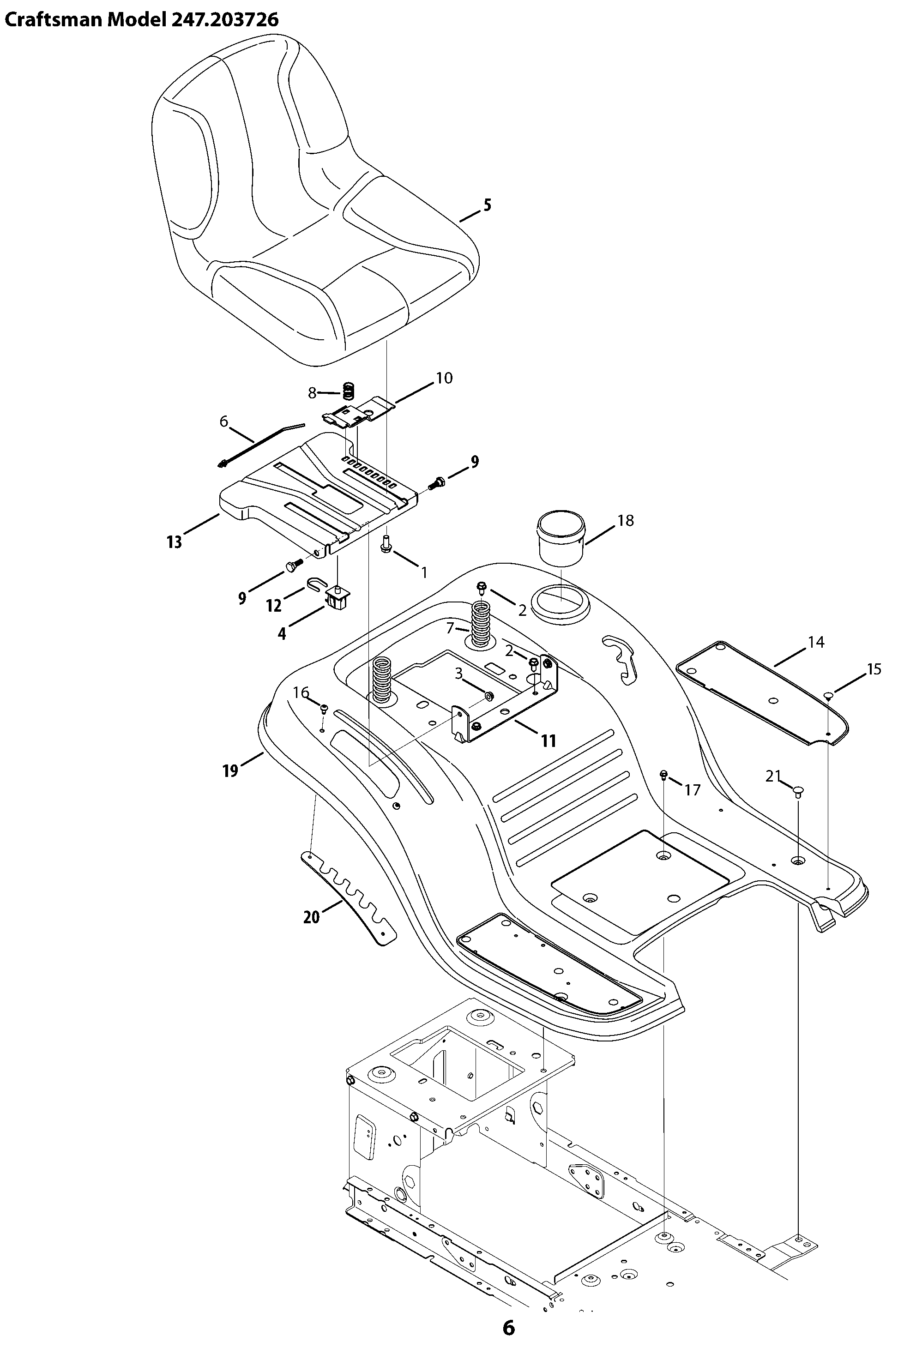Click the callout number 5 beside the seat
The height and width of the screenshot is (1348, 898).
point(488,205)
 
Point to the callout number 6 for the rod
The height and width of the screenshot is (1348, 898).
point(224,421)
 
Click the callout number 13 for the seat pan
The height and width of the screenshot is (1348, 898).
point(175,542)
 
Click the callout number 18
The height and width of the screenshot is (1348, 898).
point(626,521)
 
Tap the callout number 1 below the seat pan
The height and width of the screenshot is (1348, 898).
point(424,572)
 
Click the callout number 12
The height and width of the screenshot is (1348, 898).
point(274,605)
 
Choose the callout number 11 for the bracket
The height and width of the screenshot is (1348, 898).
point(548,741)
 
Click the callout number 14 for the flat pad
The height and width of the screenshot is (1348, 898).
point(816,643)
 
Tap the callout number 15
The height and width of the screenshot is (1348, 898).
point(874,669)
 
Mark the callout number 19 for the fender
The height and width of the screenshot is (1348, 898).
point(230,771)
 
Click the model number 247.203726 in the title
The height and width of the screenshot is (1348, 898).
point(224,20)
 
